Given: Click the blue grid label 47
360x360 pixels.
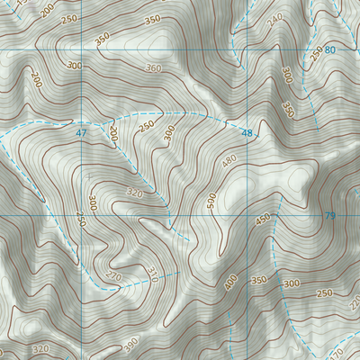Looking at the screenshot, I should pos(81,133).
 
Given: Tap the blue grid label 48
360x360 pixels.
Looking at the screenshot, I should pos(247,133).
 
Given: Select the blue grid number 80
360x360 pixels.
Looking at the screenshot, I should pos(330,49).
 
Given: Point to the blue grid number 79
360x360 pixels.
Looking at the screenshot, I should pos(329,215).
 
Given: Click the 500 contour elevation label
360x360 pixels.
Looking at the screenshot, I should pos(211,202).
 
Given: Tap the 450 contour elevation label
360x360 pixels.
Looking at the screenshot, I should pos(263,219).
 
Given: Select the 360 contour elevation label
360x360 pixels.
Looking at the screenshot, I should pos(154,68).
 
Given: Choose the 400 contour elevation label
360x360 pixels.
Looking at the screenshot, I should pos(231,283).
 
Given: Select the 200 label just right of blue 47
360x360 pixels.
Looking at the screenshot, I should pos(113,133).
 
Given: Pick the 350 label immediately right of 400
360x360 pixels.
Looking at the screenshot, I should pos(259,281).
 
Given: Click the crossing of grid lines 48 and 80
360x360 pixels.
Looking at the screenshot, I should pos(247,49).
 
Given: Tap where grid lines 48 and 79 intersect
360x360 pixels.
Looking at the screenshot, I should pos(247,215).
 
